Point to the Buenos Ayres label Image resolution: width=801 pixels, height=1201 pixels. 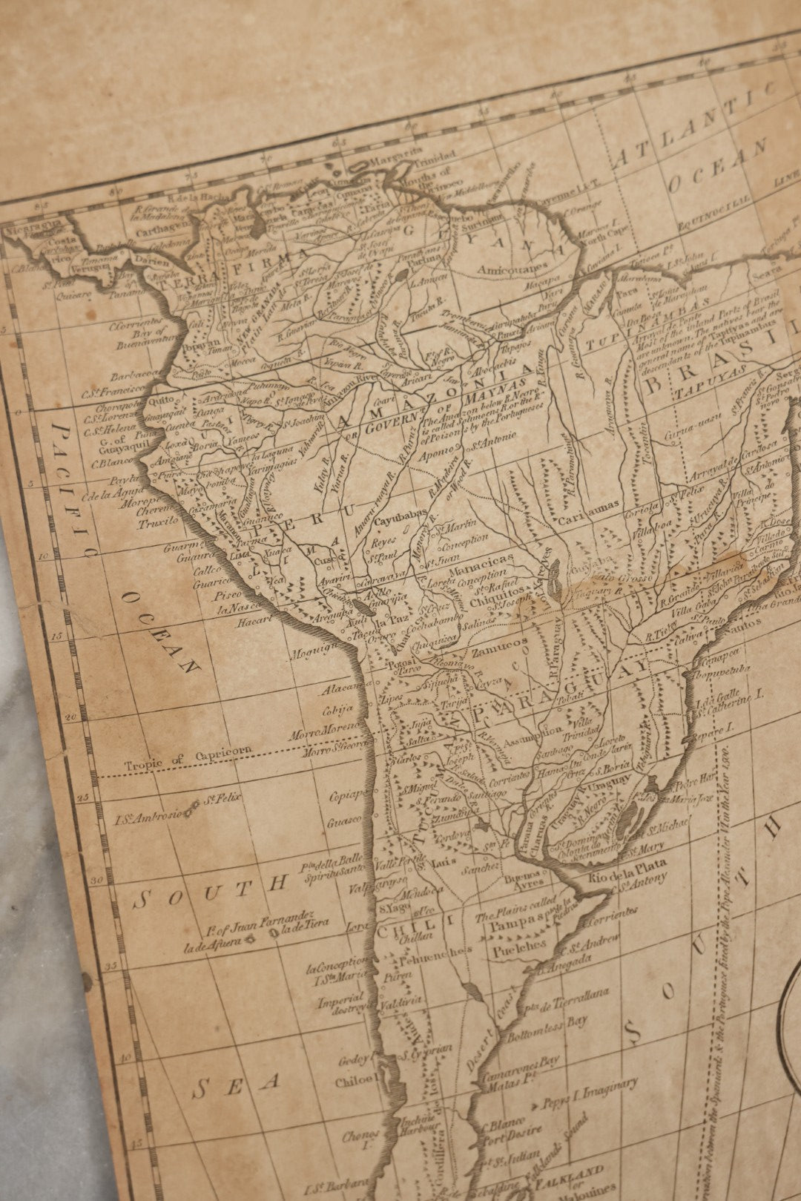[x=524, y=878]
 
